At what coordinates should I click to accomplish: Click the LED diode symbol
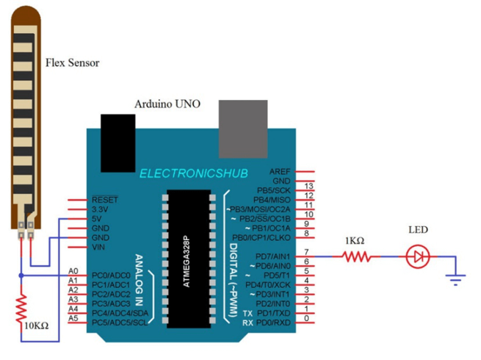pyautogui.click(x=418, y=256)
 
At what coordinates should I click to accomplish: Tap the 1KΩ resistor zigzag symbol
pyautogui.click(x=356, y=256)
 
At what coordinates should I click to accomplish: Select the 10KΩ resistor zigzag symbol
pyautogui.click(x=21, y=308)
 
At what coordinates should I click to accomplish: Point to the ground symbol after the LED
pyautogui.click(x=455, y=280)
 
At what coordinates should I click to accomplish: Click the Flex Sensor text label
pyautogui.click(x=73, y=63)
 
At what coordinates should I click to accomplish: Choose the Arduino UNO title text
pyautogui.click(x=167, y=104)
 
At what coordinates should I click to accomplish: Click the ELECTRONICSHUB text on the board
pyautogui.click(x=194, y=173)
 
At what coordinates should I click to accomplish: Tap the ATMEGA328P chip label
pyautogui.click(x=187, y=262)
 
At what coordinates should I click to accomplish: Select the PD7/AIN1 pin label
pyautogui.click(x=272, y=256)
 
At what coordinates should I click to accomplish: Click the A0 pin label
pyautogui.click(x=73, y=271)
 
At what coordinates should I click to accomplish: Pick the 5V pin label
pyautogui.click(x=97, y=219)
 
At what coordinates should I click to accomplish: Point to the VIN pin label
pyautogui.click(x=98, y=247)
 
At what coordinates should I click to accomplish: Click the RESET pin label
pyautogui.click(x=105, y=200)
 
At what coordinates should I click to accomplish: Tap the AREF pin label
pyautogui.click(x=280, y=172)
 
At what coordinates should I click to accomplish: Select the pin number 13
pyautogui.click(x=308, y=186)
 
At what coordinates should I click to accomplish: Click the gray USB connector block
pyautogui.click(x=243, y=129)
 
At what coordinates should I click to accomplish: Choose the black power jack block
pyautogui.click(x=118, y=143)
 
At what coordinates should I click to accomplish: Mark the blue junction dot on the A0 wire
pyautogui.click(x=21, y=276)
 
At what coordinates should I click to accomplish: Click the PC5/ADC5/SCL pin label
pyautogui.click(x=120, y=323)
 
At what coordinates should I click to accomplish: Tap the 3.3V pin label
pyautogui.click(x=100, y=209)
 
